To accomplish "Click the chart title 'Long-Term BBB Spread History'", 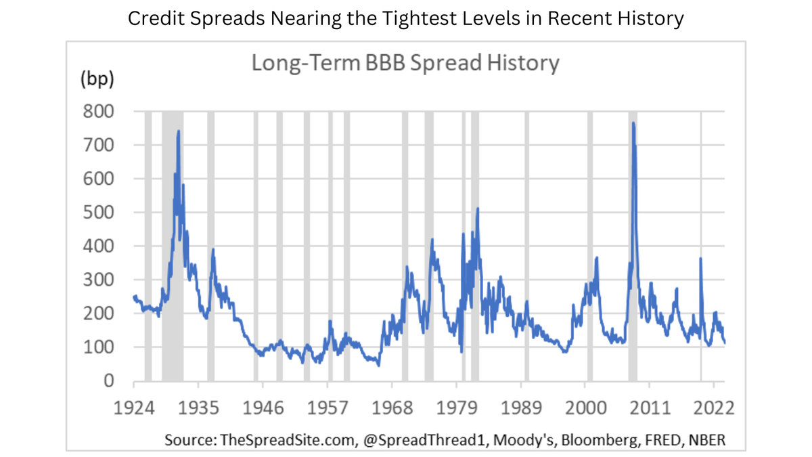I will point(405,63).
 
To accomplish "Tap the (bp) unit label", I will point(97,79).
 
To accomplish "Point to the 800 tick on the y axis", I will point(99,111).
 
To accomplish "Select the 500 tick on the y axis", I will point(99,212).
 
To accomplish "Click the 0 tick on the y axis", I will point(108,381).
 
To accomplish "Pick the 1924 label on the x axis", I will point(133,408).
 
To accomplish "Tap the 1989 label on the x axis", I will point(522,408).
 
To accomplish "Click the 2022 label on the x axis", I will point(714,408).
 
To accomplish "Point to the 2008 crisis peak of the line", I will point(633,123).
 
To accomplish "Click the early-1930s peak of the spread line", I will point(178,131).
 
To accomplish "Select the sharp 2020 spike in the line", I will point(700,259).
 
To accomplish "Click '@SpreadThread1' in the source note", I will point(409,439).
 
